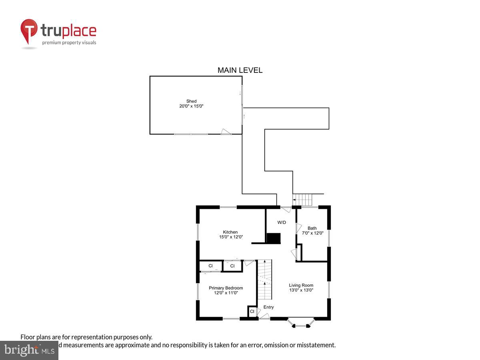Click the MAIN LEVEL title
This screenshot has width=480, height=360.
pos(240,70)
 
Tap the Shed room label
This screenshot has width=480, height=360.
pos(191,101)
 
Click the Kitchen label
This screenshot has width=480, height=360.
pos(230,232)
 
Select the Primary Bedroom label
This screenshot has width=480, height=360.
pos(226,288)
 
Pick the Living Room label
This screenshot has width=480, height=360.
pos(301,285)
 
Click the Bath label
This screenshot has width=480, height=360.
pos(312,228)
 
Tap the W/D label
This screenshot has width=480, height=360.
pos(282,222)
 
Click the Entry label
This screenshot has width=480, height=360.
pos(269,307)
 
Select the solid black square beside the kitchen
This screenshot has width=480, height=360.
pos(274,238)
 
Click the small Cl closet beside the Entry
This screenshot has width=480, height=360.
pos(252,311)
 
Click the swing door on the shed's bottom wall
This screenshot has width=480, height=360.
pos(226,132)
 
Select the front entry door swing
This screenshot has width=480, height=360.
pos(263,316)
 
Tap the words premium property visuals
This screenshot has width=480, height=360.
pos(69,42)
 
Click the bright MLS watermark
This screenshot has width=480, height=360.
pos(29,350)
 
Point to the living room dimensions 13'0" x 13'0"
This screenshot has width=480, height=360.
pos(301,290)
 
